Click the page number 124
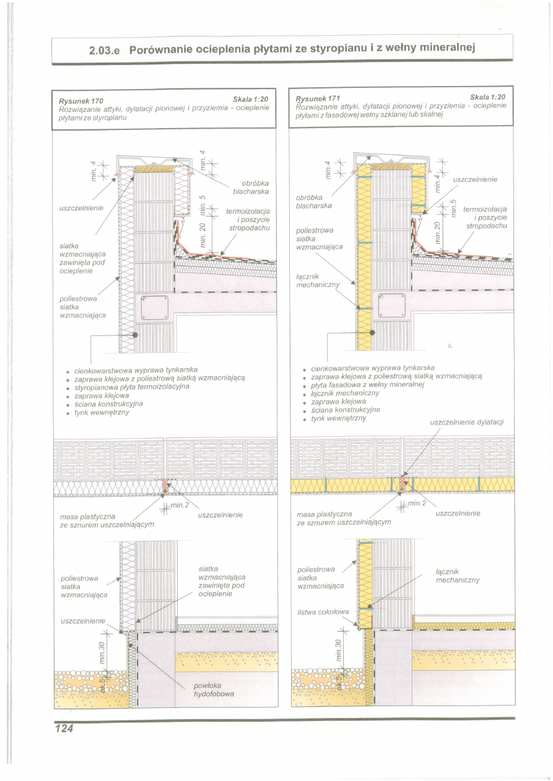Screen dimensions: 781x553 tap(63, 728)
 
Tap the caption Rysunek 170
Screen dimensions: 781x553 tap(81, 100)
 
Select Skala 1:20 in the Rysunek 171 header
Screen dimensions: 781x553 tap(487, 97)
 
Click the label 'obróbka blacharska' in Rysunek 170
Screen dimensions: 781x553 tap(246, 188)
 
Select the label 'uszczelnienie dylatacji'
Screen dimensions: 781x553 tap(467, 423)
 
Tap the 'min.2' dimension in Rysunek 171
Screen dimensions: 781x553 tap(417, 502)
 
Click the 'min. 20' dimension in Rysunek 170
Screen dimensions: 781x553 tap(203, 233)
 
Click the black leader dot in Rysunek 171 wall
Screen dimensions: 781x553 tap(372, 332)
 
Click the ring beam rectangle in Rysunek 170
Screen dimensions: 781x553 tap(154, 308)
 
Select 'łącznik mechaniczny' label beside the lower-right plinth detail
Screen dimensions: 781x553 tap(458, 576)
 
